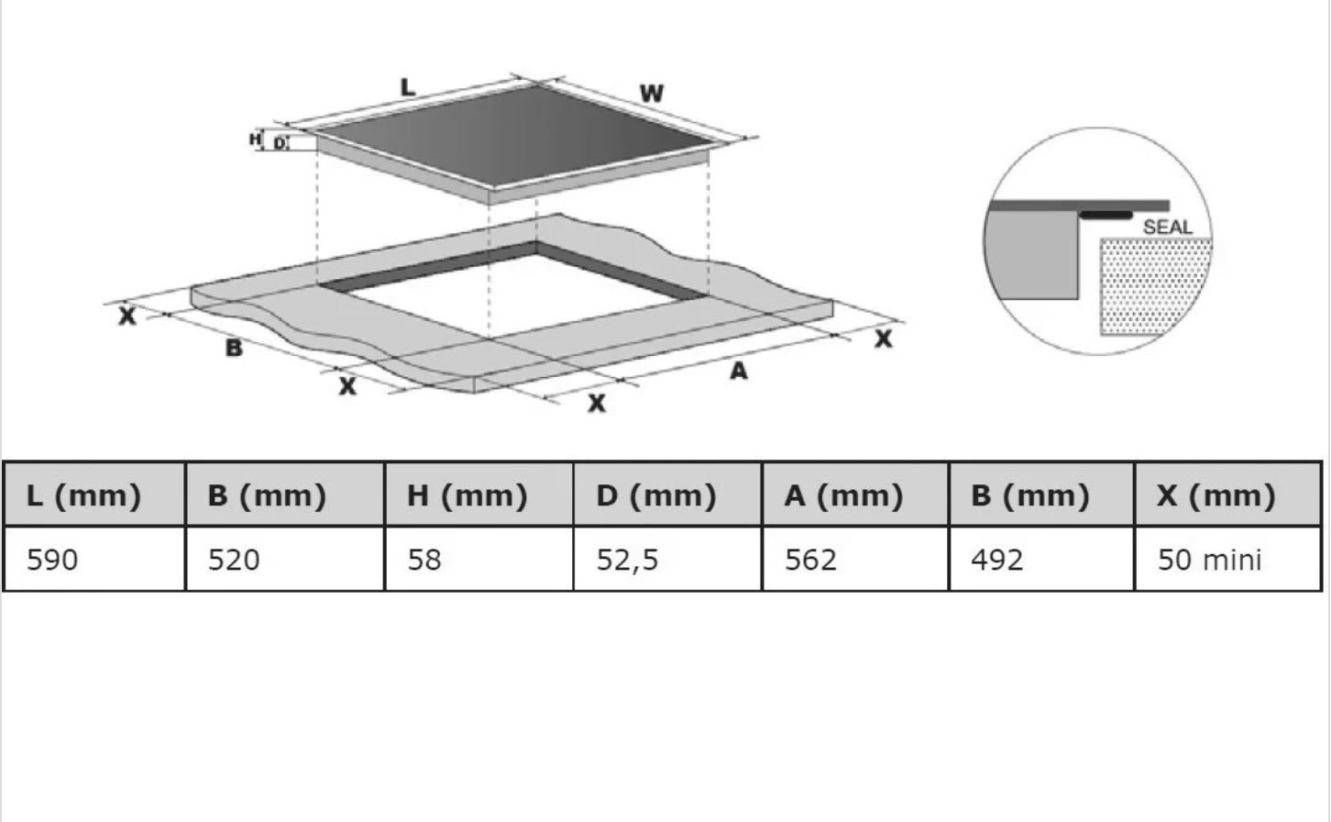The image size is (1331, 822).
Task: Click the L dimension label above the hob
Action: tap(408, 87)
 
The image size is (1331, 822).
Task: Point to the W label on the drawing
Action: tap(651, 94)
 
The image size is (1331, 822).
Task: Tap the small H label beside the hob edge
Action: tap(255, 139)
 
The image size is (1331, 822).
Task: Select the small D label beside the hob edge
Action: tap(280, 143)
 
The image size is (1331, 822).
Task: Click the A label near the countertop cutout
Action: tap(739, 372)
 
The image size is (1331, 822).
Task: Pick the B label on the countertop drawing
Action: tap(234, 348)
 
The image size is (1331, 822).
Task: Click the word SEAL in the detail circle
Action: tap(1168, 228)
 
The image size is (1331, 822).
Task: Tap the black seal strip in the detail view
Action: tap(1105, 216)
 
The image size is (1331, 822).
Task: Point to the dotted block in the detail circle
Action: tap(1156, 285)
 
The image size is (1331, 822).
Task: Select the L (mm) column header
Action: tap(94, 494)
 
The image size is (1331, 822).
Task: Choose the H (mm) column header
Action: tap(478, 494)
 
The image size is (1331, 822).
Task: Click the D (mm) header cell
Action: tap(667, 494)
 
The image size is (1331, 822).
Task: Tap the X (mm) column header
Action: tap(1227, 494)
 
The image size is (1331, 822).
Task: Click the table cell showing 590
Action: tap(94, 559)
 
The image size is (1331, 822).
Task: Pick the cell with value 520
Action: tap(284, 559)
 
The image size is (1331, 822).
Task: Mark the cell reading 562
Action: tap(855, 559)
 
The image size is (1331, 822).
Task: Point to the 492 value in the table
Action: tap(1041, 559)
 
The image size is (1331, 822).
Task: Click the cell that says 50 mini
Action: tap(1227, 559)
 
